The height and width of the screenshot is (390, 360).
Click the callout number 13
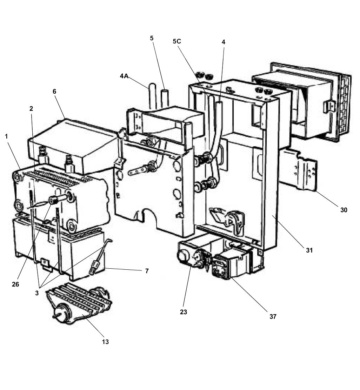[105, 341]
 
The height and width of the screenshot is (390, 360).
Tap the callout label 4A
[124, 75]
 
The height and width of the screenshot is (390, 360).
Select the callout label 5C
[177, 41]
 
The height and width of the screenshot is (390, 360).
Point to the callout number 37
[273, 316]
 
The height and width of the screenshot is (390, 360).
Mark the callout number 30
[344, 210]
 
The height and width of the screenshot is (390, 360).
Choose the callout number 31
[309, 250]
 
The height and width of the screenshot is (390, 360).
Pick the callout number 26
[15, 284]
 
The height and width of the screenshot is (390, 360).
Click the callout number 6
[54, 91]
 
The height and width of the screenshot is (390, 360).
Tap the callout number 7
[147, 271]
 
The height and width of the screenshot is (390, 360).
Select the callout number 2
[31, 109]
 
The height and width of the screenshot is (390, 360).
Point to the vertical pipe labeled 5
[165, 98]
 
